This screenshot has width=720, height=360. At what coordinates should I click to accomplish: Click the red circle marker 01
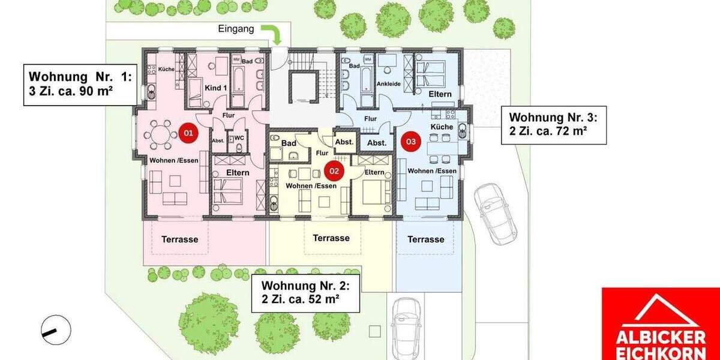[188, 133]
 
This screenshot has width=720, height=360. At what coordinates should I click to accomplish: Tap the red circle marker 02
[334, 170]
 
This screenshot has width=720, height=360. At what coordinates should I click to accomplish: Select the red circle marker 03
[411, 142]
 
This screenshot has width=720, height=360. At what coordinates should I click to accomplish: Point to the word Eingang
[236, 28]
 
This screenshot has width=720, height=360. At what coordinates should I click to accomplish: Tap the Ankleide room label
[389, 84]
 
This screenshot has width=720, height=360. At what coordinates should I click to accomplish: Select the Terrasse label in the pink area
[179, 239]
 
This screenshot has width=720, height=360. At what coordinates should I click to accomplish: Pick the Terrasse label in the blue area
[426, 239]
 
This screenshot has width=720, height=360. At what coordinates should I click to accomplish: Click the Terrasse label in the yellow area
[331, 238]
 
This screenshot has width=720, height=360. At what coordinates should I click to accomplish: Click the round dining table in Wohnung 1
[160, 135]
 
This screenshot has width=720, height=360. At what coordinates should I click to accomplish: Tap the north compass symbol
[56, 329]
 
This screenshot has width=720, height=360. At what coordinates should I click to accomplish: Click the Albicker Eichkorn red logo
[660, 324]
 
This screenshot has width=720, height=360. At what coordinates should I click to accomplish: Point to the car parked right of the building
[495, 213]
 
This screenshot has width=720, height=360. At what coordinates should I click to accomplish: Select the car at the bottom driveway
[406, 327]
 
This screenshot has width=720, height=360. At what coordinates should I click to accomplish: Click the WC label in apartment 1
[239, 138]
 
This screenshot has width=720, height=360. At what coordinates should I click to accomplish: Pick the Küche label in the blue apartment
[442, 128]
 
